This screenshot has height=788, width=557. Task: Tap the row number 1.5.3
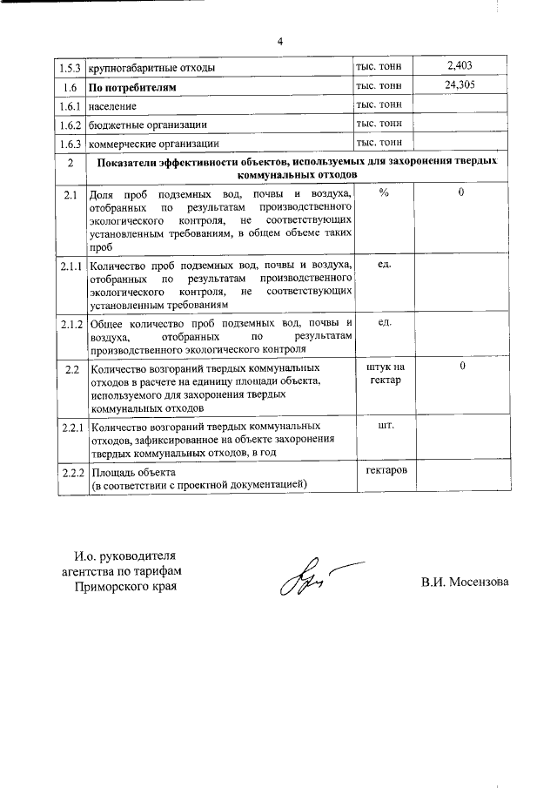pos(70,68)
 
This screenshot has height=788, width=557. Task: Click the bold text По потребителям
pos(133,88)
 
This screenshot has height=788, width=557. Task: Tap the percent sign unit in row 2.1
pos(384,193)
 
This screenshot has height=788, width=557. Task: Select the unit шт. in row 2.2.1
pos(384,427)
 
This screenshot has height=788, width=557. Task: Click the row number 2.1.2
pos(70,324)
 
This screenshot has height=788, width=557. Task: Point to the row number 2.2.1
pos(70,428)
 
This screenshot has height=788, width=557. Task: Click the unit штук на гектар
pos(384,374)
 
